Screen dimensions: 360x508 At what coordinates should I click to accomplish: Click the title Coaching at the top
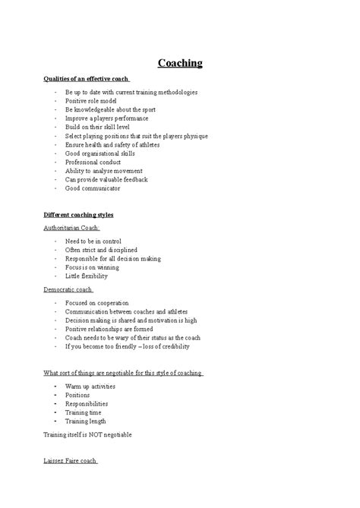[180, 63]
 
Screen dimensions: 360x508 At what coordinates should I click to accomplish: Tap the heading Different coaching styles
[79, 215]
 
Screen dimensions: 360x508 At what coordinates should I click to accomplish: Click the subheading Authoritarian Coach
[72, 228]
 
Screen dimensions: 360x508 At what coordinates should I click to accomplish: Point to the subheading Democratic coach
[68, 289]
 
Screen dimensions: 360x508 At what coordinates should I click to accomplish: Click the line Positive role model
[92, 100]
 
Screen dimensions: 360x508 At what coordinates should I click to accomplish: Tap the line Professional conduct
[93, 162]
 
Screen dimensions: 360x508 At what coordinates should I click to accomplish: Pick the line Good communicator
[93, 188]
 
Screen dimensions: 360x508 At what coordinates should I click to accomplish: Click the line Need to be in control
[93, 241]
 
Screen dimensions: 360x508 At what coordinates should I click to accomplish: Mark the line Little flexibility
[87, 276]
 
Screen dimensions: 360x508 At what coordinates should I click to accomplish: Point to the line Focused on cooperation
[97, 302]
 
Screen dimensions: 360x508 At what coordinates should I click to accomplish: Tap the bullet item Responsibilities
[87, 404]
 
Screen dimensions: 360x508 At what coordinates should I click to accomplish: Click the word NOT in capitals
[98, 434]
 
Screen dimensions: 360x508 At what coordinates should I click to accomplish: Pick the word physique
[194, 135]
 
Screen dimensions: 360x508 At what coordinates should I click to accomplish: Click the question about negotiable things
[124, 372]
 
